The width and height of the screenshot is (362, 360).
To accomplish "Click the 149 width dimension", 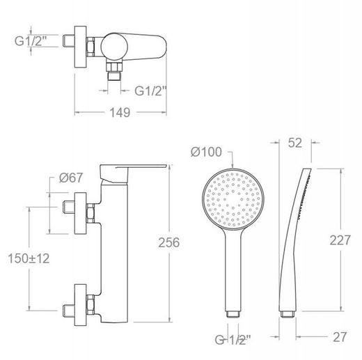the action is pos(120,113).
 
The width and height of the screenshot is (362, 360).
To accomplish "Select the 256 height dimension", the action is pos(169,242).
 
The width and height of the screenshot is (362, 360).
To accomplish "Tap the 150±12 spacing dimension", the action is pos(29,258).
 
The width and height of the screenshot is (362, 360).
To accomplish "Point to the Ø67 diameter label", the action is pos(71,178).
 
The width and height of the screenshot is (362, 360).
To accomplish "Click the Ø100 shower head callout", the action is pos(206,152).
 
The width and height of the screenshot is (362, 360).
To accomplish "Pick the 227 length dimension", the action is pos(340,240).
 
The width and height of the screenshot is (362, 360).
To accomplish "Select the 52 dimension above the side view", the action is pos(295,143).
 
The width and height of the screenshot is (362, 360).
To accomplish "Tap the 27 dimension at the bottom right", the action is pos(340,337).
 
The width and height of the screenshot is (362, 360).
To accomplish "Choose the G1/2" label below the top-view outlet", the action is pos(151,91).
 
